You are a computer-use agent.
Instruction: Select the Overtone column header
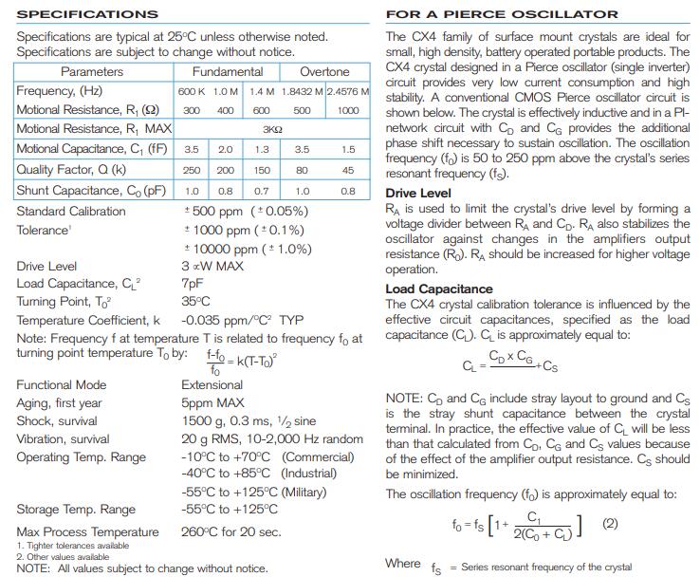pos(324,71)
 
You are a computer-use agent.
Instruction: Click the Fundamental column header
pos(227,71)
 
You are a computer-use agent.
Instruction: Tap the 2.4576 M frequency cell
pos(348,91)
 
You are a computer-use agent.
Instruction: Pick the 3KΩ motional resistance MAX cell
pos(272,129)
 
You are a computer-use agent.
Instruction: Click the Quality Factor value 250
pos(192,170)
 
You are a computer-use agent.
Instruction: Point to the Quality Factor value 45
pos(348,170)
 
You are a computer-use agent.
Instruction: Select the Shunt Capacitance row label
pos(83,190)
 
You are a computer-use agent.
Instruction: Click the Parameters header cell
pos(92,71)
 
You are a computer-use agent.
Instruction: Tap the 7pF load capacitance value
pos(192,284)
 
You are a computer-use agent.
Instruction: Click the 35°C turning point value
pos(195,301)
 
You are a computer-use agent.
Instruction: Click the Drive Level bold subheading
pos(418,194)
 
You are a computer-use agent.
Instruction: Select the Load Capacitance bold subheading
pos(439,288)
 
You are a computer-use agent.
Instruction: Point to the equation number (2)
pos(610,523)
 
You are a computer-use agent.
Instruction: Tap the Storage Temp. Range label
pos(76,510)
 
